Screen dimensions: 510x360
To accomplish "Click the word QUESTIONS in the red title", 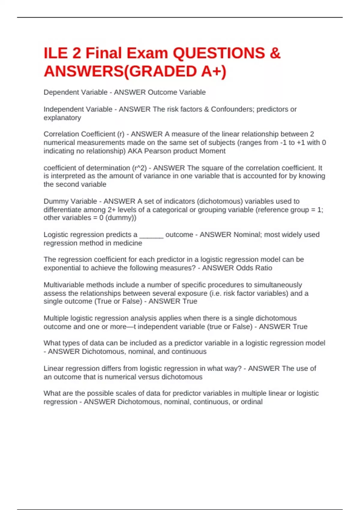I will pyautogui.click(x=219, y=53).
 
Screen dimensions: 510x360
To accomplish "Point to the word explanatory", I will pyautogui.click(x=62, y=118).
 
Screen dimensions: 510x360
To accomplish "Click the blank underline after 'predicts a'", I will pyautogui.click(x=151, y=235).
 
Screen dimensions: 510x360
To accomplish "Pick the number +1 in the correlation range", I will pyautogui.click(x=301, y=142).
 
